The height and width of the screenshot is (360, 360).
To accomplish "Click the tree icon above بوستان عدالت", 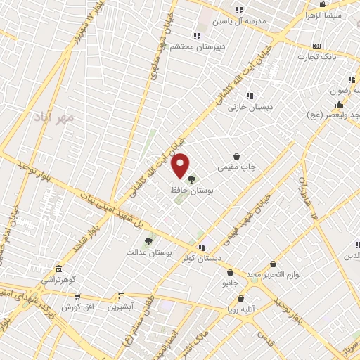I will tap(148, 242).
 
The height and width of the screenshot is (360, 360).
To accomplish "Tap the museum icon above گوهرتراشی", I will tap(58, 269).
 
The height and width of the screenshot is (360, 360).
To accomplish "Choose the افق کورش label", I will tap(77, 307).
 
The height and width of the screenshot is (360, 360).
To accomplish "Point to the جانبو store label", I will tap(231, 283).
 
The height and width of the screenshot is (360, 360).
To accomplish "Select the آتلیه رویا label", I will tap(254, 307).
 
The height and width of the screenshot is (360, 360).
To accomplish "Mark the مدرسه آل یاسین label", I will tap(244, 20).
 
